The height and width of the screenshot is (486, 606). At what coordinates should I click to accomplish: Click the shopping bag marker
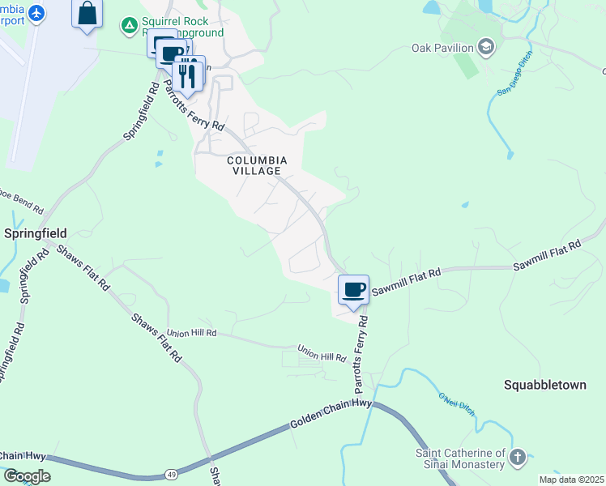87,14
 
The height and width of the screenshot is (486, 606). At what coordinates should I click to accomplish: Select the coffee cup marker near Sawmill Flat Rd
353,290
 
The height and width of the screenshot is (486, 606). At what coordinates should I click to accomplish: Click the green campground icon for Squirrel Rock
129,26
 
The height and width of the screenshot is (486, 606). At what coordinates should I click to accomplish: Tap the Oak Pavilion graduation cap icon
486,48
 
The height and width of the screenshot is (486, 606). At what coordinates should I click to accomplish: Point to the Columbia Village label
254,165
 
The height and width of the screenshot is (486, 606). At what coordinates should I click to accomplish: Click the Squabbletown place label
544,385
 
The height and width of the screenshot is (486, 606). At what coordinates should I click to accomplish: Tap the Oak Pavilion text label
442,48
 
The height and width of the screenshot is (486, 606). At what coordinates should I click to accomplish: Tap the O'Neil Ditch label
456,403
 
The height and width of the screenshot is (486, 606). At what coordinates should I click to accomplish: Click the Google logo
26,476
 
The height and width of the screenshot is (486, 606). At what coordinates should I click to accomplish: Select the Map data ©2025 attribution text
570,480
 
